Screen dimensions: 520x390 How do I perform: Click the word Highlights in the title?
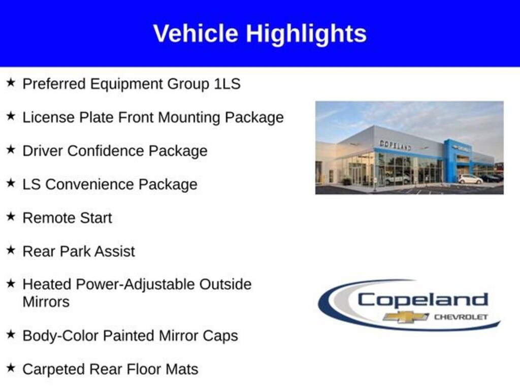point(306,34)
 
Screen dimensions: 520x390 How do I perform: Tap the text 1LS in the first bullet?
point(227,84)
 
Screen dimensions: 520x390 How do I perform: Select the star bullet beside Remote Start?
point(11,216)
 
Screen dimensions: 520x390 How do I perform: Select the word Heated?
point(47,284)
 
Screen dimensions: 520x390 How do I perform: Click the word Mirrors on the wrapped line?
point(46,302)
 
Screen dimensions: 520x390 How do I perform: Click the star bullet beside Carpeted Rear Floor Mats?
point(11,368)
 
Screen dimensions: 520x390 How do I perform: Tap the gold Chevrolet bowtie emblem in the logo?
point(406,317)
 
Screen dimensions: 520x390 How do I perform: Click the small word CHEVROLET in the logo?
point(461,317)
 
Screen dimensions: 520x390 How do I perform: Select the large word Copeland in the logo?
point(422,300)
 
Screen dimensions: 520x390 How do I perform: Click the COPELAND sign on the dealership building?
point(395,145)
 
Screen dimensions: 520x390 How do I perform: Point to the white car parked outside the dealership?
point(470,179)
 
